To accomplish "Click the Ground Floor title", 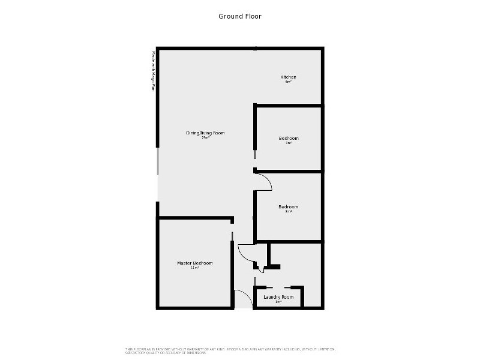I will [x=239, y=16].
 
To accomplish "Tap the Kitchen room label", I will [x=288, y=77].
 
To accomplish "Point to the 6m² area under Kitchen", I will [x=288, y=82].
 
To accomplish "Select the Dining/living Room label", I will [x=205, y=133].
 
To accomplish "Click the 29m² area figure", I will [x=205, y=137].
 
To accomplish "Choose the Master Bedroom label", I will [x=194, y=263].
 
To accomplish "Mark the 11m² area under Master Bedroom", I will [x=194, y=268].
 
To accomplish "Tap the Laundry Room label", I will [x=278, y=297].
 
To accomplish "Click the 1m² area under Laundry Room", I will [x=278, y=302].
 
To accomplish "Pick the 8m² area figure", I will [x=288, y=211].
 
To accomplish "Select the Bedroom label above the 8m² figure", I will [x=288, y=206].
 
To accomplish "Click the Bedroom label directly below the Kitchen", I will [x=288, y=138].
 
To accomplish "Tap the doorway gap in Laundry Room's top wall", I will [x=278, y=287].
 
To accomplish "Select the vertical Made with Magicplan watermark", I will [x=154, y=71].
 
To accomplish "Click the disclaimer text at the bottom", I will [x=230, y=350].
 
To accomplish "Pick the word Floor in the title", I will [x=252, y=16].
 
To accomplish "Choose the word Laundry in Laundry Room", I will [x=272, y=297].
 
